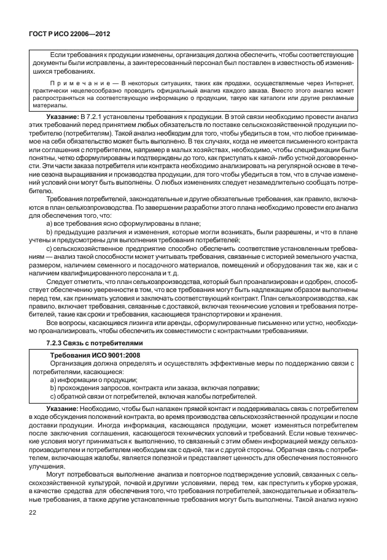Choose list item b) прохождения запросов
(x=153, y=388)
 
